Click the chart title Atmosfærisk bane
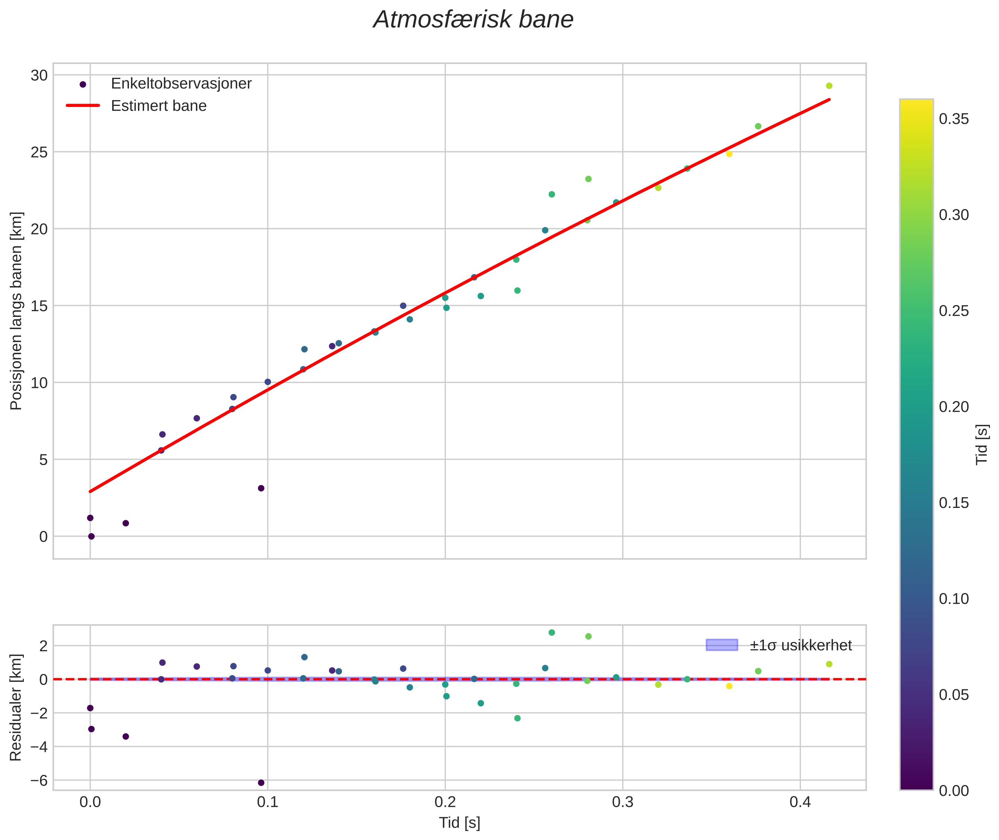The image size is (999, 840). click(473, 20)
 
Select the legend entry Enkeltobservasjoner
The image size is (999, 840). click(181, 84)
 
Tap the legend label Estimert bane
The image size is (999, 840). click(158, 106)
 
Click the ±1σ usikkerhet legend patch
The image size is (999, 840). click(722, 645)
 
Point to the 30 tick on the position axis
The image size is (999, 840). click(40, 75)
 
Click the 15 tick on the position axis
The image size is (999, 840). click(40, 306)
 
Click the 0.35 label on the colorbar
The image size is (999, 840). click(954, 119)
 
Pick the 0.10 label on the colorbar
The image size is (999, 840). click(954, 598)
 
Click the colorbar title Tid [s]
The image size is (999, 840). click(982, 444)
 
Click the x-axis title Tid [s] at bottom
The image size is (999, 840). click(459, 822)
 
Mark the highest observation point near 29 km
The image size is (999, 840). click(829, 86)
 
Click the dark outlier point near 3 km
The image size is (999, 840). click(261, 488)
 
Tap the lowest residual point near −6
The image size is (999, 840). click(261, 782)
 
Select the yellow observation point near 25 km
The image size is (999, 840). click(729, 154)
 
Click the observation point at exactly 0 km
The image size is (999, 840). click(92, 536)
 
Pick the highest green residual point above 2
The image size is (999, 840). click(552, 632)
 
